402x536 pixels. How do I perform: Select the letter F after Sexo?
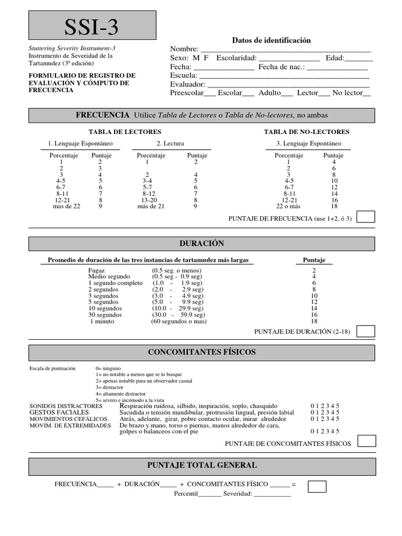[206, 58]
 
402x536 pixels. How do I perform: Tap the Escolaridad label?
[236, 58]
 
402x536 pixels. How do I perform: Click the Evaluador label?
[188, 84]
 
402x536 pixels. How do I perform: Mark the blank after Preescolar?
[209, 94]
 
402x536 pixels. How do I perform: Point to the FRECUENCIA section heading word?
[103, 115]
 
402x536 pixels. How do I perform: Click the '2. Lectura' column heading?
[170, 143]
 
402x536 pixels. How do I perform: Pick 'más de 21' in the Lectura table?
[151, 207]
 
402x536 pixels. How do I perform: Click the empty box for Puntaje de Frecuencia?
[365, 217]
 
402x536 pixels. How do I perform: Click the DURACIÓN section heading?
[201, 244]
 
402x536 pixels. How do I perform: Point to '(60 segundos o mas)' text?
[179, 321]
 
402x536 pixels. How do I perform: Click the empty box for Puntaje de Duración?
[365, 331]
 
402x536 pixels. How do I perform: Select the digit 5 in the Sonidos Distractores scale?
[338, 406]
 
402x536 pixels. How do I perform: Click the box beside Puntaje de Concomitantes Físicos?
[366, 441]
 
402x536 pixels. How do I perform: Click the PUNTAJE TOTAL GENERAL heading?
[201, 465]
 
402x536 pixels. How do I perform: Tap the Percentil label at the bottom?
[185, 494]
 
